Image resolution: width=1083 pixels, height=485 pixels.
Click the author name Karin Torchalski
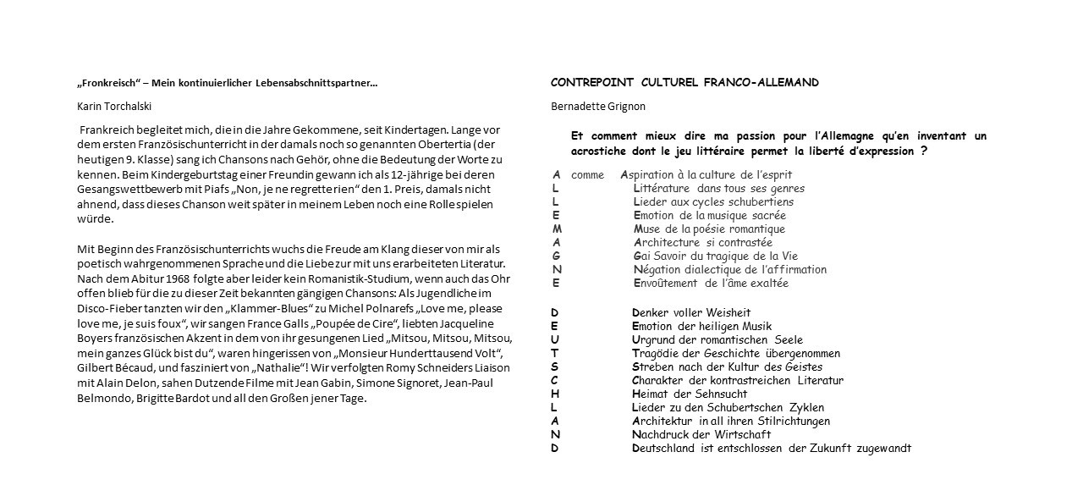tap(116, 106)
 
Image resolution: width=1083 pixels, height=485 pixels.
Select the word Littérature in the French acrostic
tap(661, 188)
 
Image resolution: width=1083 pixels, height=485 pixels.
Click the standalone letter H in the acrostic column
tap(555, 394)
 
